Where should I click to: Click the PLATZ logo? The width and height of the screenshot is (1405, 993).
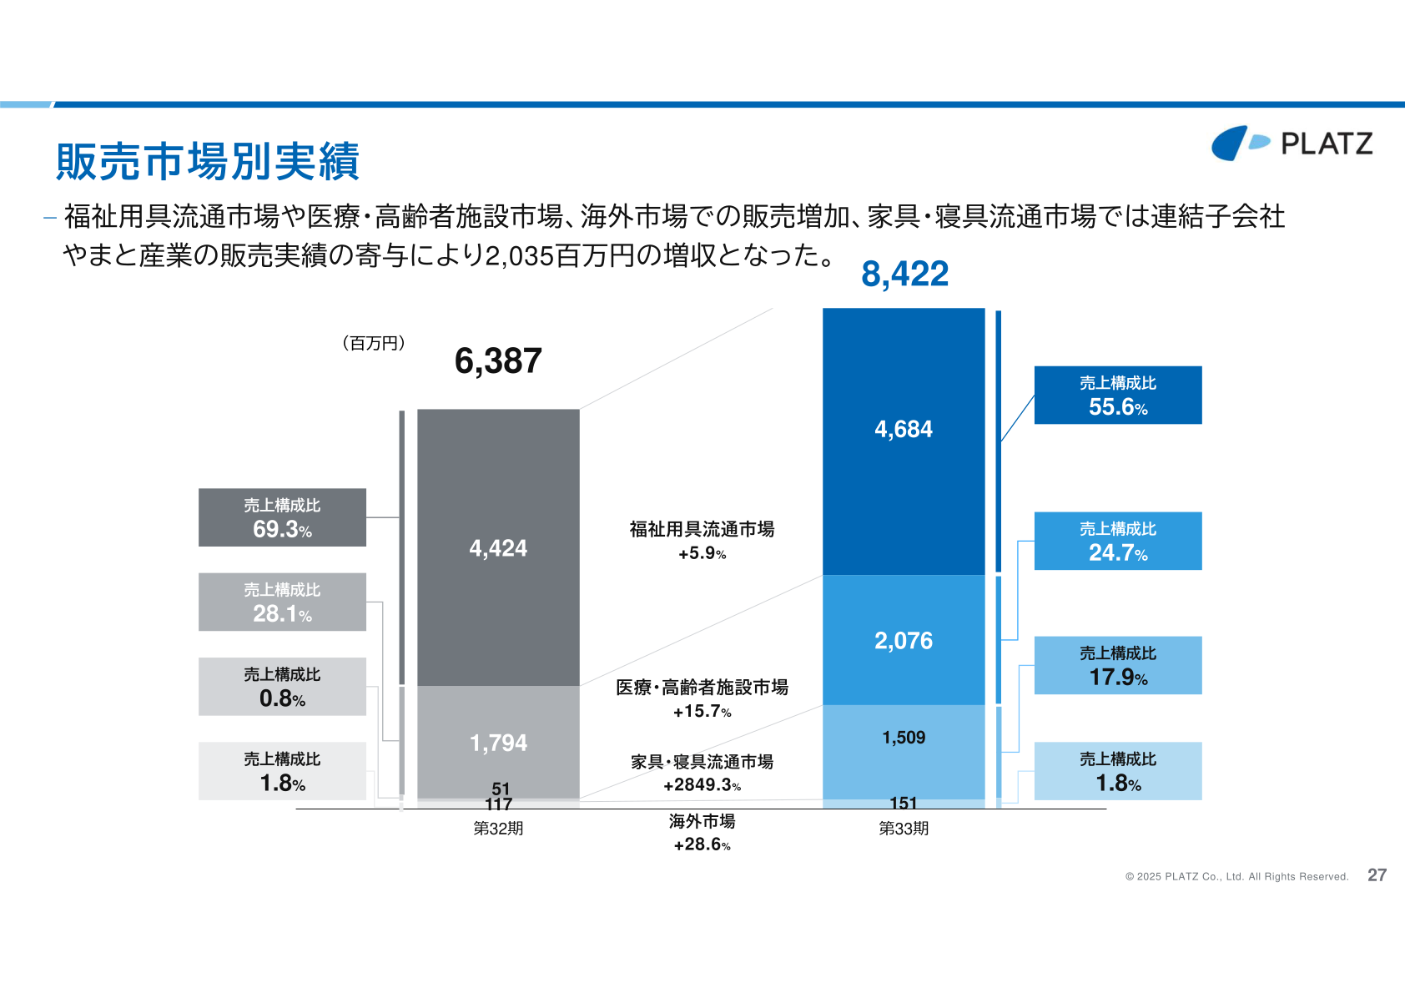pos(1292,143)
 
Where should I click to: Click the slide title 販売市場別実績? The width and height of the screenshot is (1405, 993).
pos(208,161)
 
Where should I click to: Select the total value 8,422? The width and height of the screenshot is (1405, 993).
pos(904,274)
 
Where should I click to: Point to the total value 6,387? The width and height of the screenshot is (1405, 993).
pos(498,360)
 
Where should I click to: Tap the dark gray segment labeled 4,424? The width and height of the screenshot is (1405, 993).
pos(498,547)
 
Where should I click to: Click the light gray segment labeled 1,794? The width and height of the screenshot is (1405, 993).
pos(498,742)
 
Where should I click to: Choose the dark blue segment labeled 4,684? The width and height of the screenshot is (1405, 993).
pos(904,441)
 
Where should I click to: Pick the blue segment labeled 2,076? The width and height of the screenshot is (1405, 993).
pos(904,640)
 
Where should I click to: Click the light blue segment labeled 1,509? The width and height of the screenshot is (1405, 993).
pos(904,752)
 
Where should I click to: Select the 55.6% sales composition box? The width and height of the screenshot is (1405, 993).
pos(1118,396)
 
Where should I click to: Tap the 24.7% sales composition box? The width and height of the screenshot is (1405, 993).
pos(1118,541)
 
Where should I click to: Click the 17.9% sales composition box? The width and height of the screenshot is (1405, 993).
pos(1118,665)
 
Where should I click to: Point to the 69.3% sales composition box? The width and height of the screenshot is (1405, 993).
pos(282,517)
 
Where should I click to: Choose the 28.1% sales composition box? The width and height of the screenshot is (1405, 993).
pos(282,602)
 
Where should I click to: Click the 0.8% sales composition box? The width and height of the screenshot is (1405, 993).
pos(282,686)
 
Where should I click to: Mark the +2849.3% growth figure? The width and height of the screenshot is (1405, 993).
pos(702,784)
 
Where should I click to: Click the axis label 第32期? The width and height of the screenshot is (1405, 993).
pos(498,829)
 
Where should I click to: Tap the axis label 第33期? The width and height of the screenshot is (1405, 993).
pos(904,829)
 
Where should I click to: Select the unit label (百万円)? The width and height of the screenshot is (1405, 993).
pos(374,343)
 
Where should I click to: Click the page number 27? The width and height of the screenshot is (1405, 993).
pos(1377,875)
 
